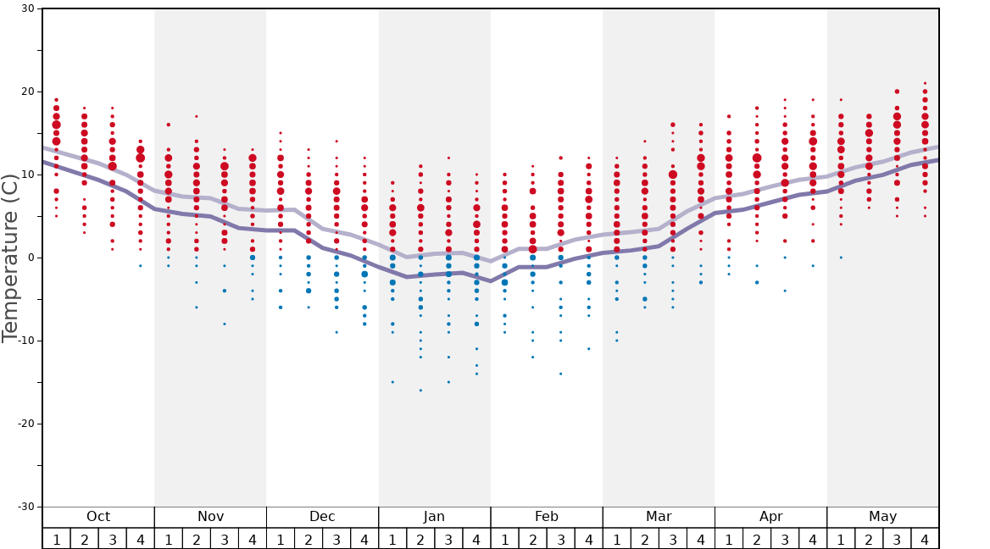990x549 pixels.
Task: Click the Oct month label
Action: [x=98, y=517]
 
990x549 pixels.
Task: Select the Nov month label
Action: [x=210, y=517]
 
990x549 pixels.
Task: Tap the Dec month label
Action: [x=322, y=517]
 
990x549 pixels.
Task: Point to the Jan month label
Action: [x=434, y=517]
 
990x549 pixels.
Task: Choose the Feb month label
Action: [x=547, y=517]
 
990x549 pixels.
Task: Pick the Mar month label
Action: [x=659, y=517]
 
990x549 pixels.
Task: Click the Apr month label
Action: [x=770, y=517]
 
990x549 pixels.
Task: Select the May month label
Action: [x=882, y=517]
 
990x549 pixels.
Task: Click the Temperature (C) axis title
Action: [x=10, y=258]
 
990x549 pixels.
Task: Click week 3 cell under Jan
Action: [x=448, y=539]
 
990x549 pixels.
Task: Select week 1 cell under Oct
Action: [x=56, y=539]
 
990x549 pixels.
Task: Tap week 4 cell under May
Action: [x=925, y=539]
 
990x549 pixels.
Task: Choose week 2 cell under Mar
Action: [x=644, y=539]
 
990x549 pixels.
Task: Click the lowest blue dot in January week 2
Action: [x=420, y=391]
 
